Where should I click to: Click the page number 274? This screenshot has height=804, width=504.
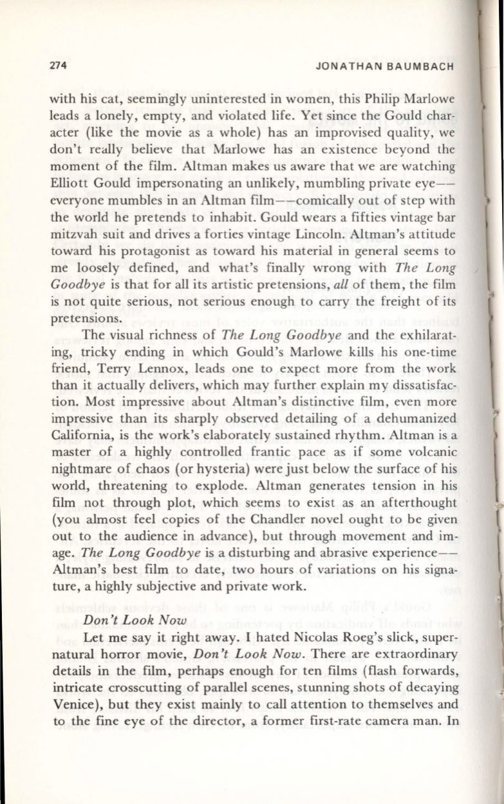coord(59,67)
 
